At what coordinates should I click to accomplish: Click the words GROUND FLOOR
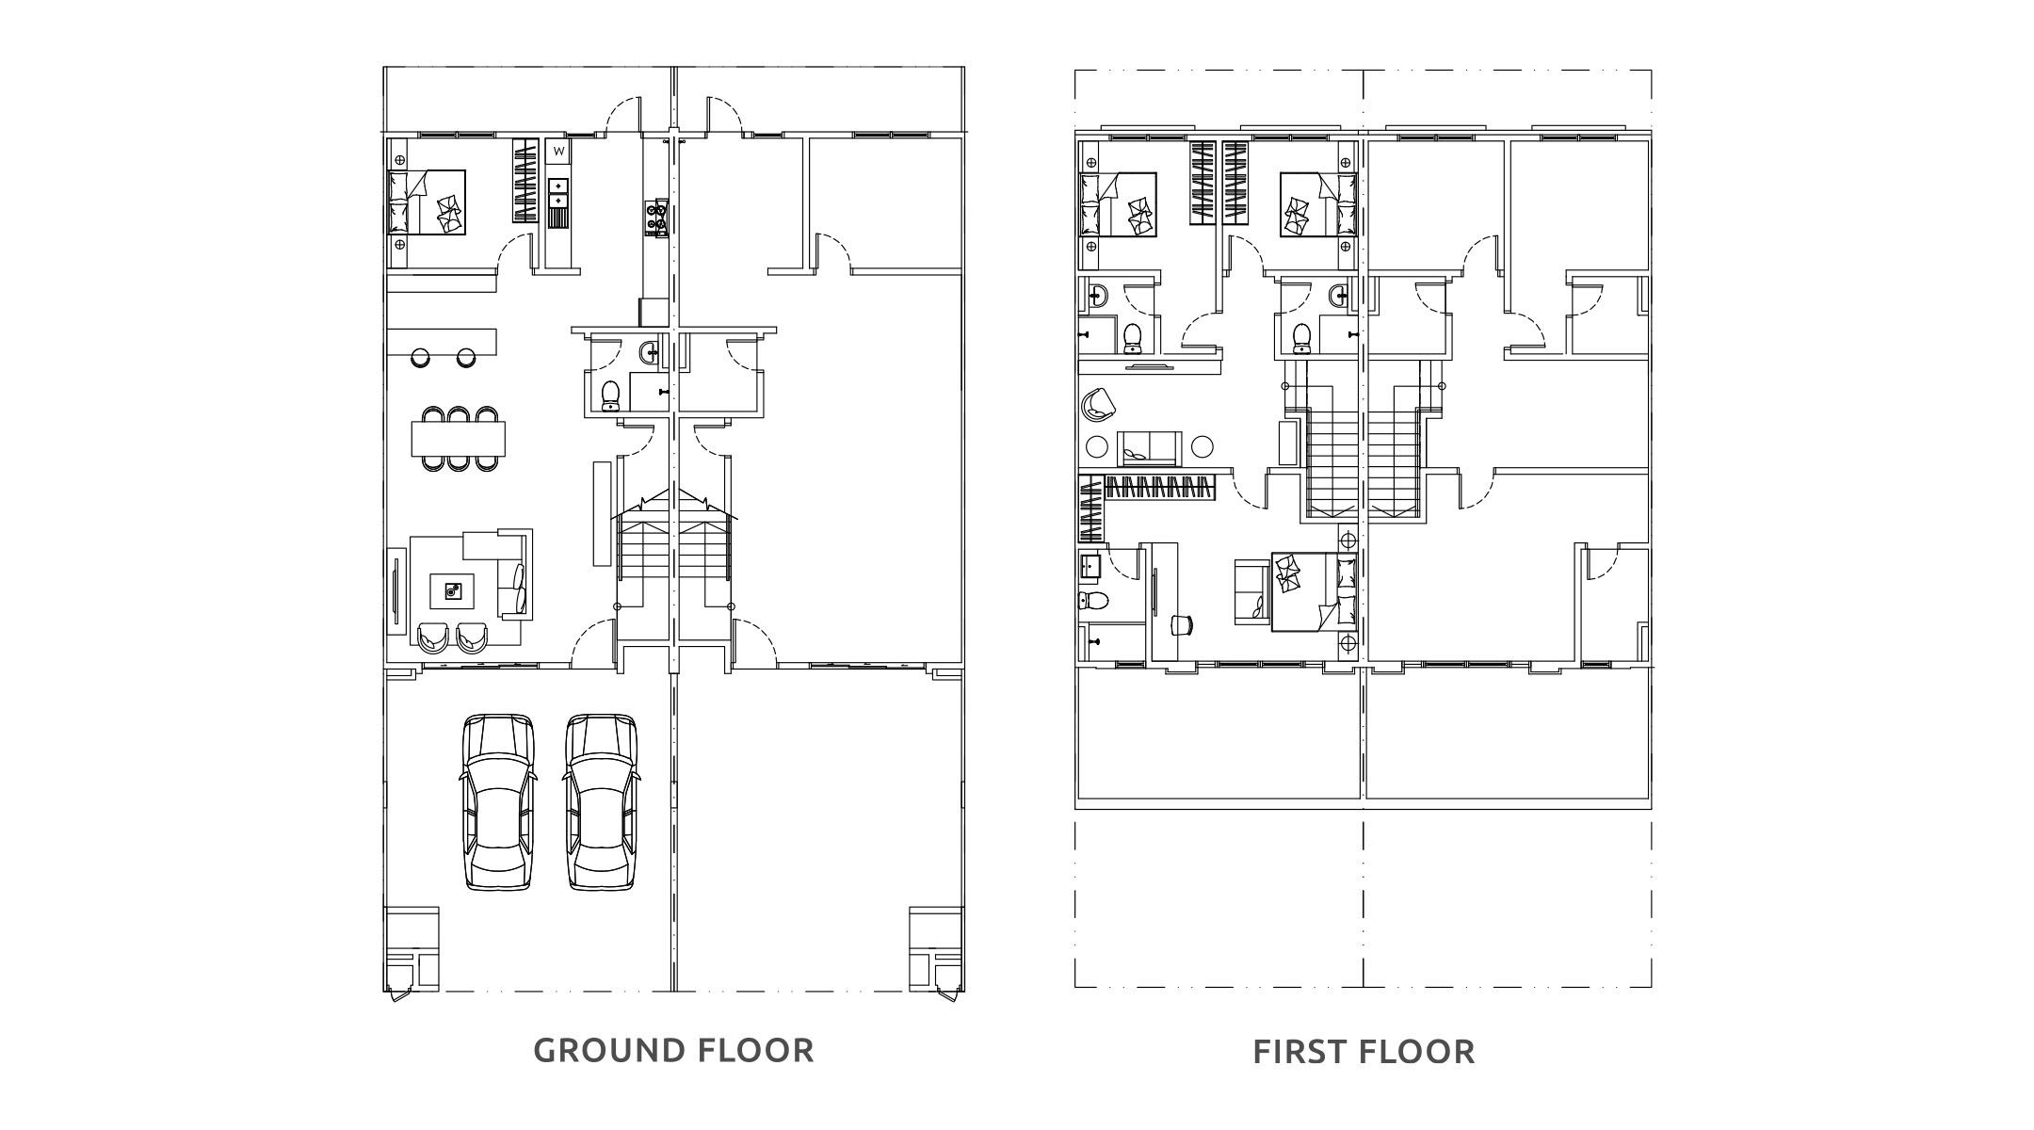pyautogui.click(x=673, y=1050)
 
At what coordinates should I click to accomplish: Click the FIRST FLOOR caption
pyautogui.click(x=1364, y=1052)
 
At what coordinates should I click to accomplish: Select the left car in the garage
pyautogui.click(x=499, y=802)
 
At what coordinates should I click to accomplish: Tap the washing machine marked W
pyautogui.click(x=558, y=151)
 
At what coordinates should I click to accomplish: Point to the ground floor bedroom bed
pyautogui.click(x=428, y=202)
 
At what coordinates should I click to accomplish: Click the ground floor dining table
pyautogui.click(x=459, y=439)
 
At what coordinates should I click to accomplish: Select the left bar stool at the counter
pyautogui.click(x=420, y=358)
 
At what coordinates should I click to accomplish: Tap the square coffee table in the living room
pyautogui.click(x=453, y=591)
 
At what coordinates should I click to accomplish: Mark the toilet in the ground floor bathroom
pyautogui.click(x=610, y=395)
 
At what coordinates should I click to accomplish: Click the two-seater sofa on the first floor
pyautogui.click(x=1150, y=448)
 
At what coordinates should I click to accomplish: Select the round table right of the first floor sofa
pyautogui.click(x=1203, y=446)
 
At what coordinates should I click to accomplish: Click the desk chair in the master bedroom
pyautogui.click(x=1182, y=623)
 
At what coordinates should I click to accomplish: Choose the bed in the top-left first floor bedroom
pyautogui.click(x=1118, y=204)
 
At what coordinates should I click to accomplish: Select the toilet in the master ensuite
pyautogui.click(x=1092, y=601)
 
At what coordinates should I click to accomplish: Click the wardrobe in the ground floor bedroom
pyautogui.click(x=524, y=181)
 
